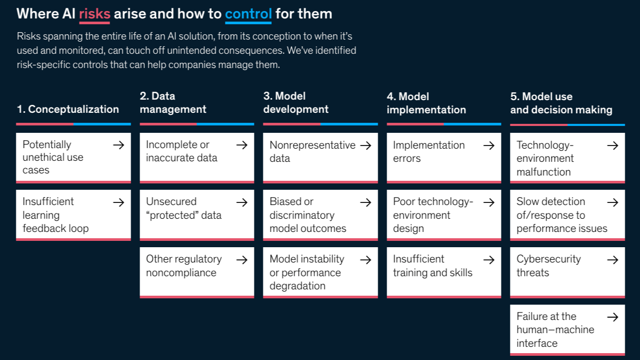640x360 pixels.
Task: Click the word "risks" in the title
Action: pyautogui.click(x=94, y=14)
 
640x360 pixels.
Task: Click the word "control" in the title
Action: pyautogui.click(x=248, y=14)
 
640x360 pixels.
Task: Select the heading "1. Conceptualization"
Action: pyautogui.click(x=68, y=109)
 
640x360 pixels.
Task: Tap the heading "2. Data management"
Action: pyautogui.click(x=173, y=103)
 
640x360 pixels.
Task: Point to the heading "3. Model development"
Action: pyautogui.click(x=296, y=103)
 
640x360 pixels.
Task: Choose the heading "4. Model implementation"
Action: pyautogui.click(x=426, y=103)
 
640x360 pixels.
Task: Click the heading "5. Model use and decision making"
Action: pyautogui.click(x=561, y=103)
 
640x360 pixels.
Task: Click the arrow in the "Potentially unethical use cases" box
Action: pyautogui.click(x=119, y=145)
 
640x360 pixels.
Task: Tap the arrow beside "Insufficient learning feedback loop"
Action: pyautogui.click(x=119, y=202)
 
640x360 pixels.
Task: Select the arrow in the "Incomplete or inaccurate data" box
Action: pyautogui.click(x=242, y=145)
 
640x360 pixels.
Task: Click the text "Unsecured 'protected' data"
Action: pyautogui.click(x=183, y=208)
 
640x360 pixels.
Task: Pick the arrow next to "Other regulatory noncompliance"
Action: pyautogui.click(x=242, y=259)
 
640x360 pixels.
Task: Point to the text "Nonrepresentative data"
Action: pyautogui.click(x=312, y=151)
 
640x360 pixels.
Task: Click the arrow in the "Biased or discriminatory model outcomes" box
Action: pyautogui.click(x=366, y=202)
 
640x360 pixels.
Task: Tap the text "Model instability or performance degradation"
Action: pyautogui.click(x=307, y=273)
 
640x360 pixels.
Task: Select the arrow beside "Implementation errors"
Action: pyautogui.click(x=489, y=145)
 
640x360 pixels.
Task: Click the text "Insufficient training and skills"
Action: pyautogui.click(x=432, y=266)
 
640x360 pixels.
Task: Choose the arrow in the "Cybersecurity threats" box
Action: pyautogui.click(x=613, y=259)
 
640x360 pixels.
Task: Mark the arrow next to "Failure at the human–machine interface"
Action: pyautogui.click(x=613, y=317)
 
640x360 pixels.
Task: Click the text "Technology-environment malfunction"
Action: pyautogui.click(x=545, y=158)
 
